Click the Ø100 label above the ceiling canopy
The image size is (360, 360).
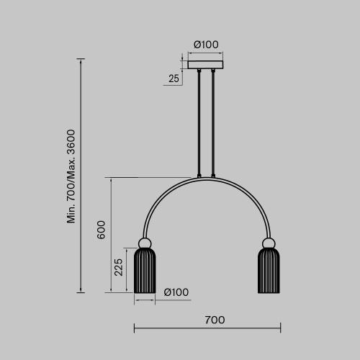tap(206, 45)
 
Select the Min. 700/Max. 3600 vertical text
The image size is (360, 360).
tap(71, 177)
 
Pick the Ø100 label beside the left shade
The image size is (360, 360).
tap(176, 292)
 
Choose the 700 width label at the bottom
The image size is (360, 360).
tap(215, 319)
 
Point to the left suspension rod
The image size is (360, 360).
tap(199, 122)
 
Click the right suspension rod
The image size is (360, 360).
tap(212, 122)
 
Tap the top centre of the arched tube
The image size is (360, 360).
tap(207, 177)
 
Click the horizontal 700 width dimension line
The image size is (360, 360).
tap(207, 330)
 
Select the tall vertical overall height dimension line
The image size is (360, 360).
tap(81, 177)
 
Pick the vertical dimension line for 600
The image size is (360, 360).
tap(110, 235)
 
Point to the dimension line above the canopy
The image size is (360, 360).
tap(206, 53)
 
